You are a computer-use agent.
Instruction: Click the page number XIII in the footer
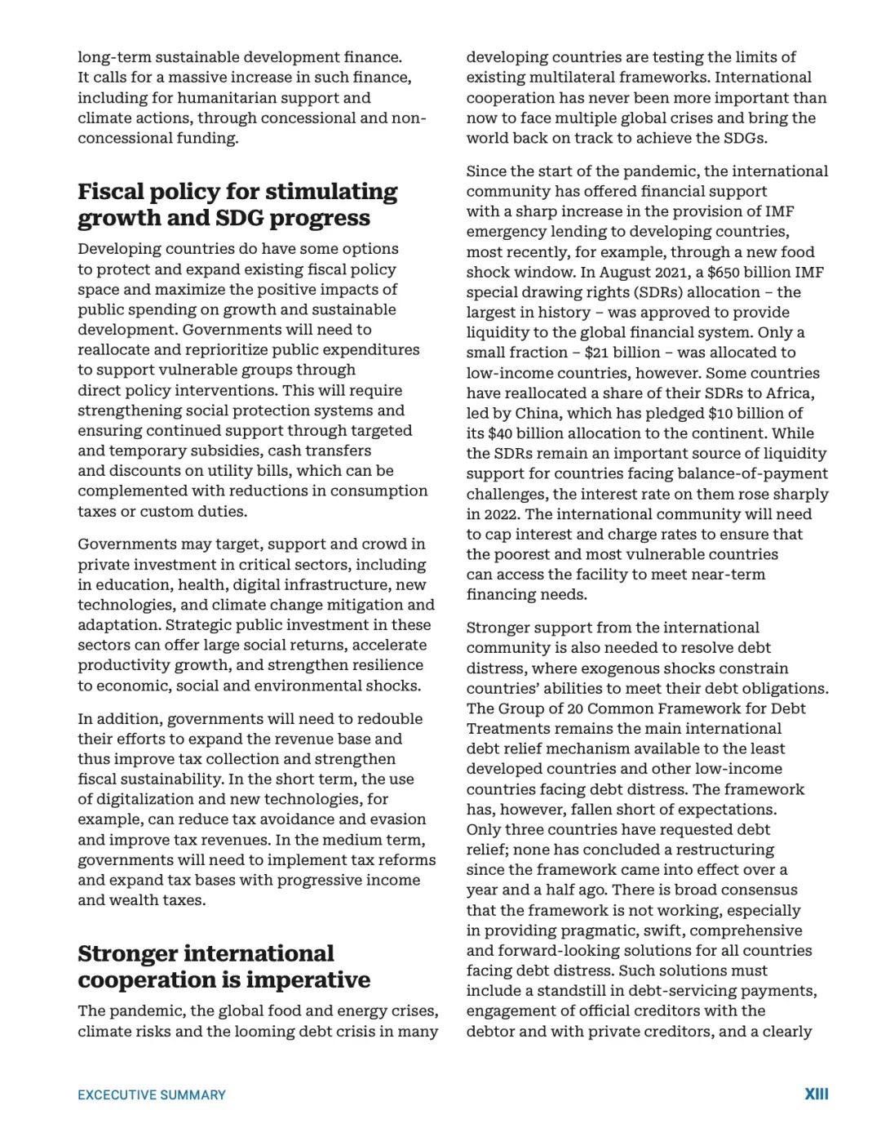(816, 1094)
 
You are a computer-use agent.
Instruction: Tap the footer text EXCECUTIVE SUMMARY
(152, 1095)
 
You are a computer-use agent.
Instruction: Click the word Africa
(788, 393)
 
